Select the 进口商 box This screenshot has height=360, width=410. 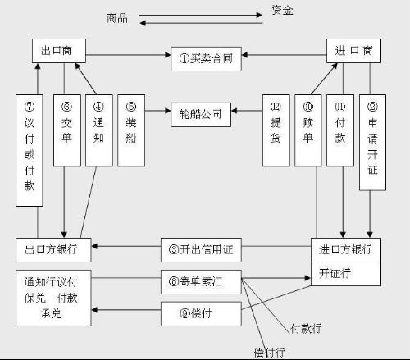tap(354, 51)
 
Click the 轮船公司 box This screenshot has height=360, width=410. tap(200, 112)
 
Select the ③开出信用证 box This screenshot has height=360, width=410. tap(201, 247)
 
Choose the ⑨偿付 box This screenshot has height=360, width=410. tap(201, 312)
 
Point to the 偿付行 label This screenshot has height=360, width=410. tap(270, 352)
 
